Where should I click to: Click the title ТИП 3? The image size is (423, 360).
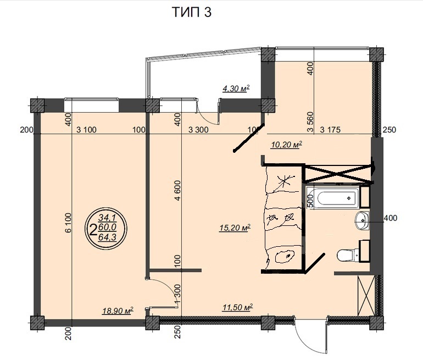pos(192,12)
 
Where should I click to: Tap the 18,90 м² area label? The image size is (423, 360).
pos(118,311)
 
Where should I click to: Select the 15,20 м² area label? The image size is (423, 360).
pos(235,228)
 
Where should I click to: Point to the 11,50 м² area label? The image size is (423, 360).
pos(238,307)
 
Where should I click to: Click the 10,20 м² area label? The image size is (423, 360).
pos(286,145)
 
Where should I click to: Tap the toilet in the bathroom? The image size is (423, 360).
pos(347,255)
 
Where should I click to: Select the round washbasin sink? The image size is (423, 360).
pos(362,220)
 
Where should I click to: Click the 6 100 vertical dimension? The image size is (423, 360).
pos(68,223)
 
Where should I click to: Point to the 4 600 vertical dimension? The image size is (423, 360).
pos(177,191)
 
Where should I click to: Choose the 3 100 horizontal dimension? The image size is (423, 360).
pos(86,130)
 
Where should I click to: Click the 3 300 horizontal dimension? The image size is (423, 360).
pos(198,130)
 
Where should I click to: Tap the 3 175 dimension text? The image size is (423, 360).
pos(330,130)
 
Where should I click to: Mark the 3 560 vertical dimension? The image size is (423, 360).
pos(310,121)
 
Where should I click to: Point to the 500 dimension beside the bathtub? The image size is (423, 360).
pos(310,201)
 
